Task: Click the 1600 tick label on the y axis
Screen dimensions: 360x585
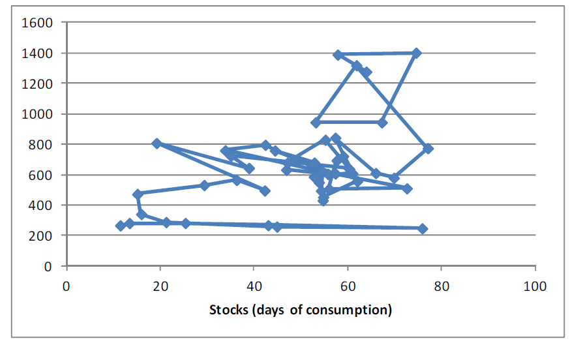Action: [39, 23]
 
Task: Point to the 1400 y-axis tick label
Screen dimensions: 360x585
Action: [39, 53]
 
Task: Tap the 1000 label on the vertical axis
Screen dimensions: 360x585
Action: [39, 114]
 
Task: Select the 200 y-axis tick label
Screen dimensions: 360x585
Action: [43, 235]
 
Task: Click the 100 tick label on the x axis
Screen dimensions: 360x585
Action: [535, 286]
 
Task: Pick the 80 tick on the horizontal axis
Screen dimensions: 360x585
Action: [442, 286]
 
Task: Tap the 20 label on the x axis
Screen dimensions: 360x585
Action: [160, 286]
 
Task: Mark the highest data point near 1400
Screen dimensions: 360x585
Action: [416, 53]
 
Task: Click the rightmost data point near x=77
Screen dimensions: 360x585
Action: [428, 149]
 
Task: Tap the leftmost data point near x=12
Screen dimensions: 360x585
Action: [120, 226]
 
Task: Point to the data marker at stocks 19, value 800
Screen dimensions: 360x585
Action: [157, 143]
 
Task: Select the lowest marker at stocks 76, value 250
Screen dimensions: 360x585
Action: [422, 228]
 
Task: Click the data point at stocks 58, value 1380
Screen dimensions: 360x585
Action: [338, 55]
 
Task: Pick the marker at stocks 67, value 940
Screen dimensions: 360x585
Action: [382, 123]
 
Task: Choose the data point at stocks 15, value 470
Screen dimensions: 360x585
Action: [138, 194]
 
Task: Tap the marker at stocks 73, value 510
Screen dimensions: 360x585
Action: [407, 188]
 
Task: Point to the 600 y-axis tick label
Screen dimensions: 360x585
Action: [43, 175]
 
